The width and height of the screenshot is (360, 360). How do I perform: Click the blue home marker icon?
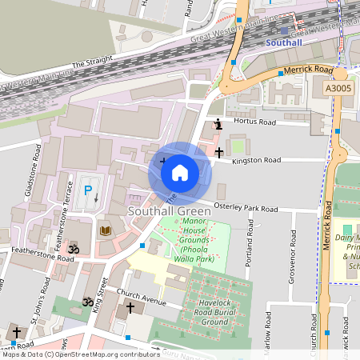tap(180, 171)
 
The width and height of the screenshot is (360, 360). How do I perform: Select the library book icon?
tap(105, 230)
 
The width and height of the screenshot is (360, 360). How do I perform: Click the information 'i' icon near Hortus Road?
tap(218, 124)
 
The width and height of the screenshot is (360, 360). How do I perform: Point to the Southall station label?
tap(284, 42)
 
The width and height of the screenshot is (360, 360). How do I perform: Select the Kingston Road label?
tap(258, 161)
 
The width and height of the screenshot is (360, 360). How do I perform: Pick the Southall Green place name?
tap(169, 211)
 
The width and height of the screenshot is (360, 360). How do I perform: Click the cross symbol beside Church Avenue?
tap(130, 307)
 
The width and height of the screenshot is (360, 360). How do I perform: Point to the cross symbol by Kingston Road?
tap(219, 151)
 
